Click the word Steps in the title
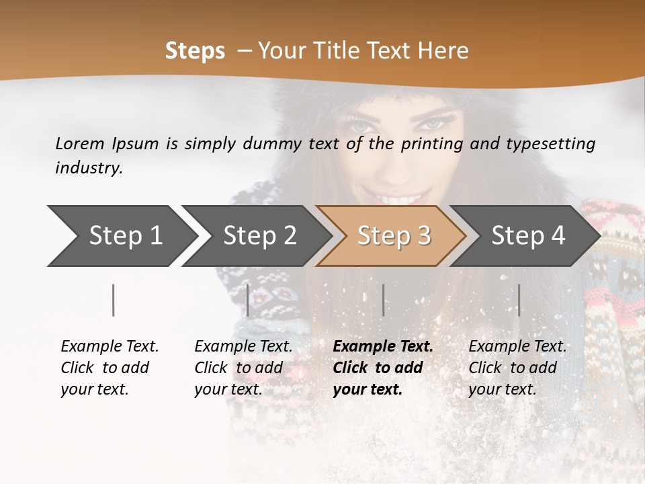(x=195, y=51)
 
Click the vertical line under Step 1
(x=114, y=300)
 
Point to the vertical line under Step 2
(x=248, y=300)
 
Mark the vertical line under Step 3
(x=383, y=300)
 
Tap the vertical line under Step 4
(x=519, y=300)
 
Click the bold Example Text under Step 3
(x=383, y=368)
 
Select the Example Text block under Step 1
(x=110, y=368)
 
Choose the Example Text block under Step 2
(x=243, y=368)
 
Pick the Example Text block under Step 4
(x=517, y=368)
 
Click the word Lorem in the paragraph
(x=80, y=144)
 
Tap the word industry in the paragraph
(x=89, y=168)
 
